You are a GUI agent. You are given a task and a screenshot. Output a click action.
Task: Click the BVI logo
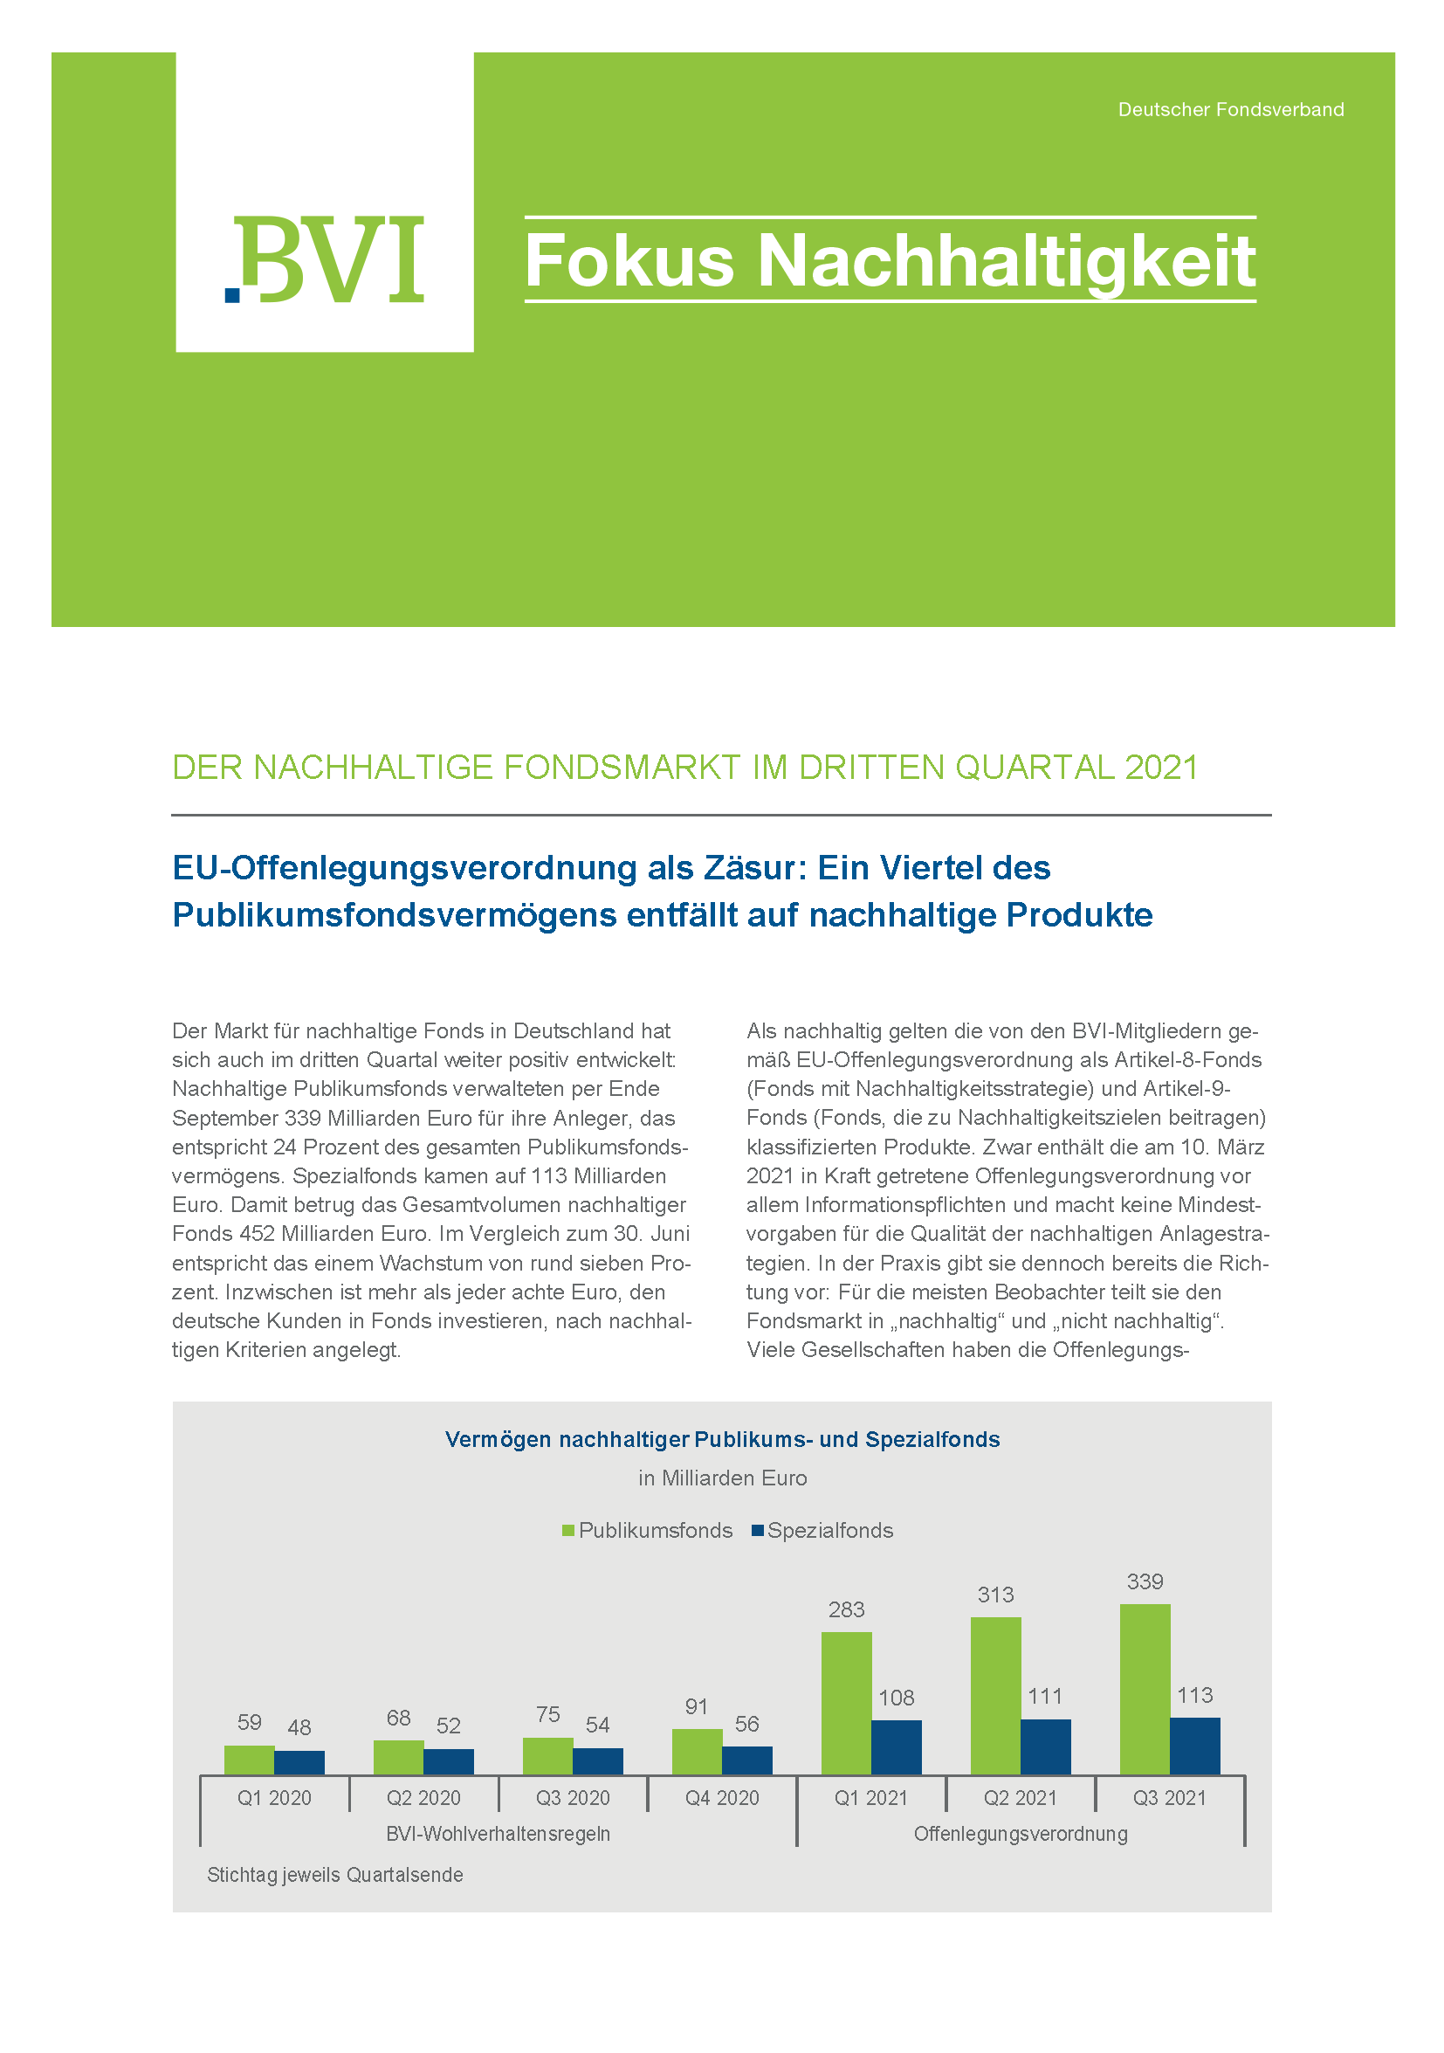(325, 259)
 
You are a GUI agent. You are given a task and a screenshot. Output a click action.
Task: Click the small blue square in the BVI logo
(232, 294)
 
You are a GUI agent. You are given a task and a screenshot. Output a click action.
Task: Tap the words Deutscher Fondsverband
(1230, 110)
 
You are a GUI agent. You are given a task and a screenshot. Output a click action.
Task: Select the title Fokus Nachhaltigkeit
(890, 260)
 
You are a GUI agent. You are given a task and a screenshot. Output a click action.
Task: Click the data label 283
(846, 1609)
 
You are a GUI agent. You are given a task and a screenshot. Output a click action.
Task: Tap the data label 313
(995, 1595)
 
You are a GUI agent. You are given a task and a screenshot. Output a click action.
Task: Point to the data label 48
(299, 1727)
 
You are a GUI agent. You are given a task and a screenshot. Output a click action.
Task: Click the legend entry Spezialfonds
(829, 1530)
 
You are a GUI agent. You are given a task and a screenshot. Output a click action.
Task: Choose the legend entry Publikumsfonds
(655, 1530)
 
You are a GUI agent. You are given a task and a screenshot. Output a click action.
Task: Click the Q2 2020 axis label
(423, 1797)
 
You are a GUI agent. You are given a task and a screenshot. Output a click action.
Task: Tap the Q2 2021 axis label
(1021, 1797)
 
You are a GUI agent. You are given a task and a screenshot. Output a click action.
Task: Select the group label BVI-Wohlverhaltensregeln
(498, 1834)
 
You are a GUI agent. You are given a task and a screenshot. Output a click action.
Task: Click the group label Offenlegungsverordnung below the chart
(1021, 1834)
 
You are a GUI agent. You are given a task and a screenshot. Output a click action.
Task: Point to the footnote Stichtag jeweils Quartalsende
(334, 1874)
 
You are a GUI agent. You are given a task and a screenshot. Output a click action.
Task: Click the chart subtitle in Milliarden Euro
(723, 1478)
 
